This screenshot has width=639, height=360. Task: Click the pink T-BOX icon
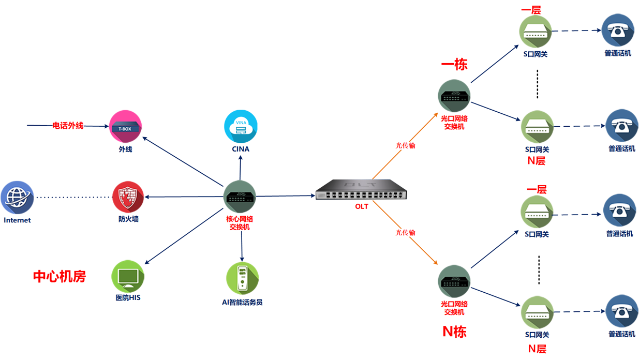click(x=126, y=126)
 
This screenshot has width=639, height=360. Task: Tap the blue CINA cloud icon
click(x=241, y=126)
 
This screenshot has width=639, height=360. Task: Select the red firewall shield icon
click(x=128, y=197)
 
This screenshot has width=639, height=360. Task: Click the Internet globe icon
click(x=17, y=198)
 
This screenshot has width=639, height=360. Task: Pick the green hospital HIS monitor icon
click(x=128, y=276)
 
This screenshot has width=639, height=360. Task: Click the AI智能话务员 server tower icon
click(x=243, y=278)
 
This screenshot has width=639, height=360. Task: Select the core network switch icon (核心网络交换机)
click(x=240, y=197)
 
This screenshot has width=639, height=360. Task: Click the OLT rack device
click(x=361, y=189)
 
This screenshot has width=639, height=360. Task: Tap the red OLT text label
click(x=362, y=206)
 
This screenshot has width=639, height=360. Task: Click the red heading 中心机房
click(x=60, y=276)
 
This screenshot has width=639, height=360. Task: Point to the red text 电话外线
click(x=68, y=126)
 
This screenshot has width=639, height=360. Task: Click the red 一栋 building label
click(x=454, y=64)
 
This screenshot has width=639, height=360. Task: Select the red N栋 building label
click(x=454, y=332)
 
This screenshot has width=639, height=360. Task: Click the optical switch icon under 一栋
click(x=454, y=96)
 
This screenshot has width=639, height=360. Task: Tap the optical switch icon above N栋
click(x=454, y=281)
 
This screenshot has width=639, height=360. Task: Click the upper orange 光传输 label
click(x=405, y=145)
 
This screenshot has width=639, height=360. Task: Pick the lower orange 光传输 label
click(x=405, y=232)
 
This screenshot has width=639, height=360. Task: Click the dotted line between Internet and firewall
click(x=74, y=197)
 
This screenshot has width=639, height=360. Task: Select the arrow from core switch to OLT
click(x=285, y=196)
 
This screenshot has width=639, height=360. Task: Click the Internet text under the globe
click(x=17, y=220)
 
